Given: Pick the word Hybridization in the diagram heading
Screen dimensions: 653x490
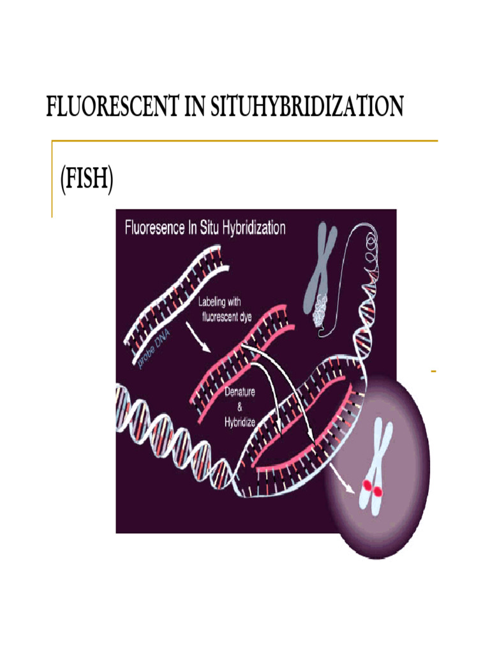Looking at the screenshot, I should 253,228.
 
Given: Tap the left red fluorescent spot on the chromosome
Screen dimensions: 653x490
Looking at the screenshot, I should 367,487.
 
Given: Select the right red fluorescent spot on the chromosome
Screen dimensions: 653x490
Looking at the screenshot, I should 378,491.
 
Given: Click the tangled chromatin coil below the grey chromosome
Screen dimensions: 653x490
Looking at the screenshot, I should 323,310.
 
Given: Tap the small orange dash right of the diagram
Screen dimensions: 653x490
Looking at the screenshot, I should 433,371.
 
